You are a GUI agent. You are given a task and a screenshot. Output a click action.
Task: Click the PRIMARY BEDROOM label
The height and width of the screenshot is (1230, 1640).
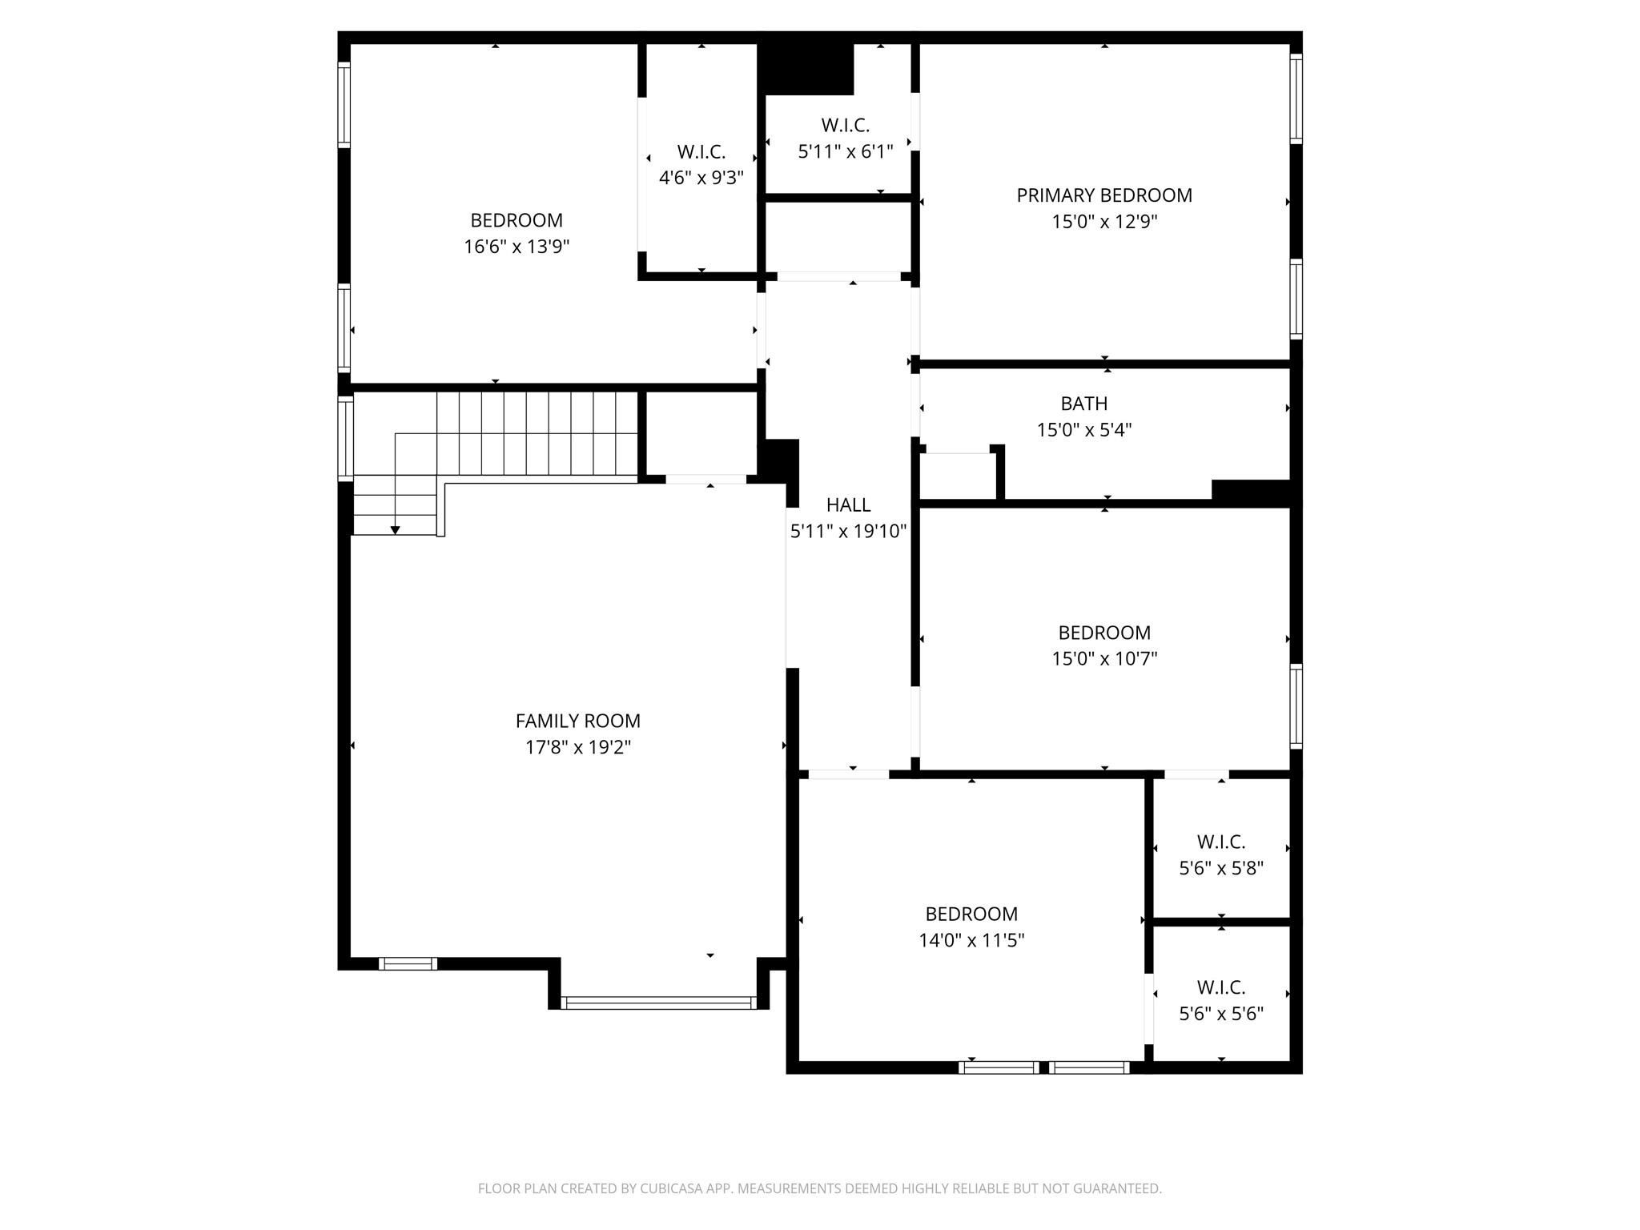point(1103,195)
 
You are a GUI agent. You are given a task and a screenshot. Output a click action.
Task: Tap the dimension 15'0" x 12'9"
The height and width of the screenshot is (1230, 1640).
point(1103,222)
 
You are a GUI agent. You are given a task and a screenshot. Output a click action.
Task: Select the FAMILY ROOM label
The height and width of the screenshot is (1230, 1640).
point(577,721)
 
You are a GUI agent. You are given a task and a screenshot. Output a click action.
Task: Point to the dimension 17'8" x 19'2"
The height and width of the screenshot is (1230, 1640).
point(577,747)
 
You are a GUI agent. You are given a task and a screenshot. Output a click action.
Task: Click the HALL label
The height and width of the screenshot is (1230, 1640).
point(848,504)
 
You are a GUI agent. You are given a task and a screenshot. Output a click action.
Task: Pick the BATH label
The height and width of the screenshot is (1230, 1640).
point(1083,404)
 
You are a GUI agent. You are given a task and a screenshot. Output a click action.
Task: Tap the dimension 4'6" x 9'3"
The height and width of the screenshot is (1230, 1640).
point(701,178)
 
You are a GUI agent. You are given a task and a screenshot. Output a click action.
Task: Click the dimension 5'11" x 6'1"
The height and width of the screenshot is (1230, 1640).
point(845,151)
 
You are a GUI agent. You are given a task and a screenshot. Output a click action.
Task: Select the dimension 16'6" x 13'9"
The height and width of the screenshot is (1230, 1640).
point(517,247)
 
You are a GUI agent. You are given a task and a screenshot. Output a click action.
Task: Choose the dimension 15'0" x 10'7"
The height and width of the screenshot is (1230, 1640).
point(1103,659)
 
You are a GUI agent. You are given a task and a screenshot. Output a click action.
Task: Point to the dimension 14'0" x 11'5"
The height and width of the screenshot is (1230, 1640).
point(971,940)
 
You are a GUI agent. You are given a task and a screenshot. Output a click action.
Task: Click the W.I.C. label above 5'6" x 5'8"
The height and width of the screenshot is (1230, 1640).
point(1220,842)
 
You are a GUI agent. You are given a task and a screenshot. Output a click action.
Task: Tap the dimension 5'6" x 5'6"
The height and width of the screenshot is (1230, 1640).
point(1220,1014)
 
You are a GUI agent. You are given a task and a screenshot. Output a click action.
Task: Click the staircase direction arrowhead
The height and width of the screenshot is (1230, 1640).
point(395,530)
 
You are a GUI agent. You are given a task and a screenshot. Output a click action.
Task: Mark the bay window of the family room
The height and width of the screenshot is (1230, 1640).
point(658,1002)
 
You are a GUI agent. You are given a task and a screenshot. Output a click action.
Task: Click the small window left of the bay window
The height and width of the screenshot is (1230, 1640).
point(408,963)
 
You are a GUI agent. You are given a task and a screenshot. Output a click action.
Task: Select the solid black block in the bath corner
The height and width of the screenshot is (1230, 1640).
point(1251,490)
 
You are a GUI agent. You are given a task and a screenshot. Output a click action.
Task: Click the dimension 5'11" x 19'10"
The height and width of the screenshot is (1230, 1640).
point(848,531)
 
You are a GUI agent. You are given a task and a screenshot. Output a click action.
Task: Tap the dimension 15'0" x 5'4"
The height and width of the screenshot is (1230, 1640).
point(1083,430)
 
